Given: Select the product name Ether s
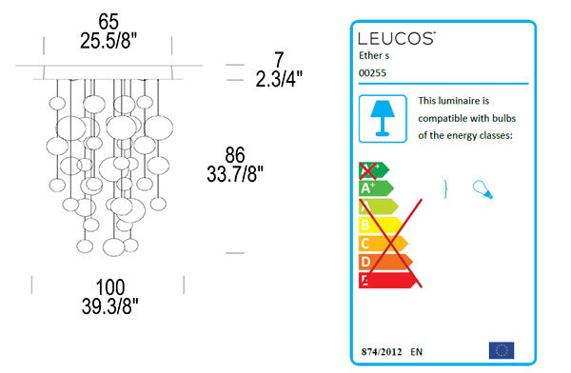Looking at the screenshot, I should click(x=374, y=56).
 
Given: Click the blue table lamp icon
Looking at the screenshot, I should click(x=383, y=117).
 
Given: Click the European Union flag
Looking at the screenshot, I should click(x=501, y=349).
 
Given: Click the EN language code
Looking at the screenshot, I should click(x=417, y=351).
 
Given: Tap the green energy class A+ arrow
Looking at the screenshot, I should click(x=374, y=188).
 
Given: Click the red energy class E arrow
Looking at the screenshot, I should click(x=385, y=279).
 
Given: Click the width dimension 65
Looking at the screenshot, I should click(x=108, y=20).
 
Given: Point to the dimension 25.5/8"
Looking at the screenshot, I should click(x=108, y=40).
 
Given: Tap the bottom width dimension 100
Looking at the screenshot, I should click(x=108, y=286).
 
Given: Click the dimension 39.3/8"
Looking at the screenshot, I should click(x=108, y=306).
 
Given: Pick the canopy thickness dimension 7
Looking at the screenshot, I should click(x=279, y=59).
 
